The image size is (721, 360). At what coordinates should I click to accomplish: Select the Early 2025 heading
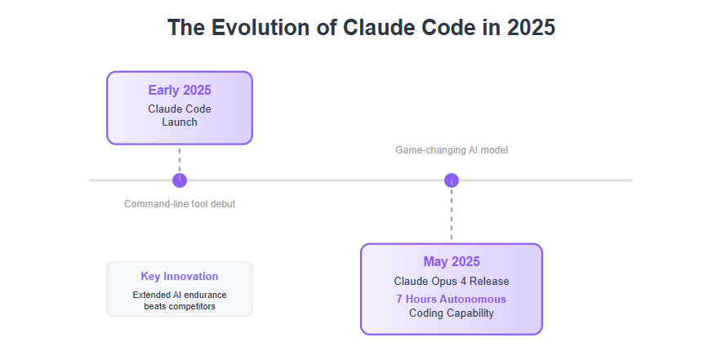(180, 90)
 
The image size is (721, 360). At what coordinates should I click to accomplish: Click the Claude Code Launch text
(180, 115)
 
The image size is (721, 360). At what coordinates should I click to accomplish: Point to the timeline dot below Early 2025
(180, 180)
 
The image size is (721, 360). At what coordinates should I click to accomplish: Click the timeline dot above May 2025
(452, 180)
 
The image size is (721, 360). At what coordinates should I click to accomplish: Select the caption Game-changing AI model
(452, 150)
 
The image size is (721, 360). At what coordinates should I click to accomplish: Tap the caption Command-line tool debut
(180, 204)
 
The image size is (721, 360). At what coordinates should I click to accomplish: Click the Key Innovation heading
(180, 276)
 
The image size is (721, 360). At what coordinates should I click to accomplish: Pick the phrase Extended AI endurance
(180, 295)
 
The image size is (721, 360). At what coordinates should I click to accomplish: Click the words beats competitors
(180, 306)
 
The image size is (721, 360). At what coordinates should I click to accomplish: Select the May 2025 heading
(452, 261)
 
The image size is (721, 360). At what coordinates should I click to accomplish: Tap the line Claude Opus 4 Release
(452, 281)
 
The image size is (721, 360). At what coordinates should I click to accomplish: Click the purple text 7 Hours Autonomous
(452, 300)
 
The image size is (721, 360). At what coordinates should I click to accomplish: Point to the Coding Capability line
(452, 313)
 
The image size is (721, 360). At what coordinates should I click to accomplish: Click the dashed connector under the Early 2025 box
(180, 159)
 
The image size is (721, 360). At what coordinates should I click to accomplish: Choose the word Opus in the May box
(443, 282)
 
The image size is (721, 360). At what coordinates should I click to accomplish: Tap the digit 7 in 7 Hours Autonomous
(399, 300)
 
